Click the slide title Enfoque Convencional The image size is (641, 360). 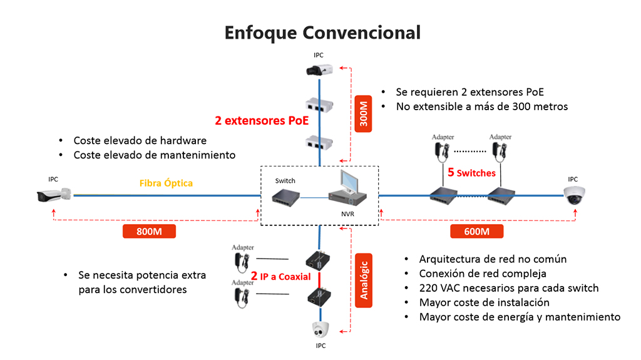coord(322,32)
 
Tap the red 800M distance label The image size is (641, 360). coord(149,232)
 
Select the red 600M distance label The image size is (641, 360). coord(476,232)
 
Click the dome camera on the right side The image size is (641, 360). coord(573,195)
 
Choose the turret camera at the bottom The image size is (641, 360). coord(320,329)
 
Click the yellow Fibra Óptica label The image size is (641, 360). coord(166,183)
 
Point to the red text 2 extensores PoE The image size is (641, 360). coord(262,121)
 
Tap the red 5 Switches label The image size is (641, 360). coord(471,172)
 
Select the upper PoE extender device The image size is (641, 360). coord(319,105)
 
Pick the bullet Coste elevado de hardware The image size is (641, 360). coord(140,140)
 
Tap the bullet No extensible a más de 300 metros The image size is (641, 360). coord(482,106)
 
